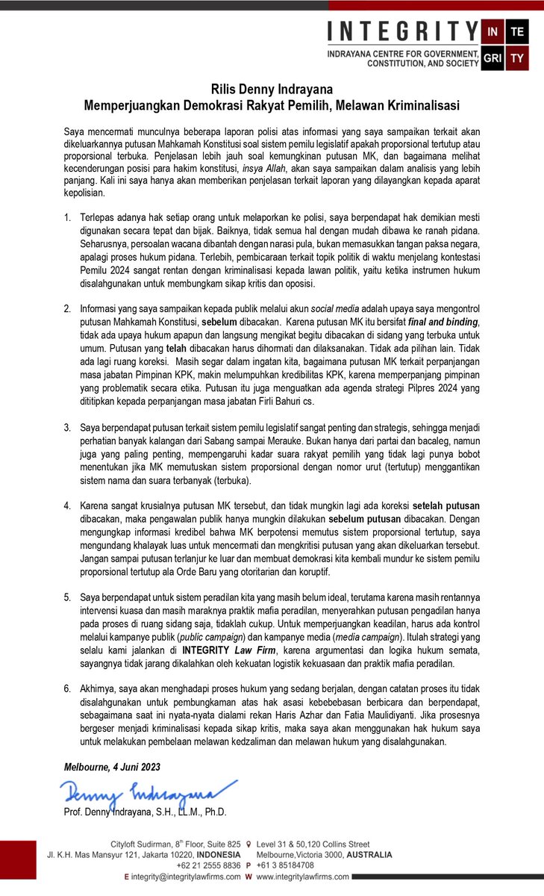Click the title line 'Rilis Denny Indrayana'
click(272, 90)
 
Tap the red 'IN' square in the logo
click(493, 32)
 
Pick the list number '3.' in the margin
click(67, 427)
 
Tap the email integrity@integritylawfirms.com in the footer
click(185, 877)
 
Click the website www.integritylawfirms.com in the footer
click(302, 877)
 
